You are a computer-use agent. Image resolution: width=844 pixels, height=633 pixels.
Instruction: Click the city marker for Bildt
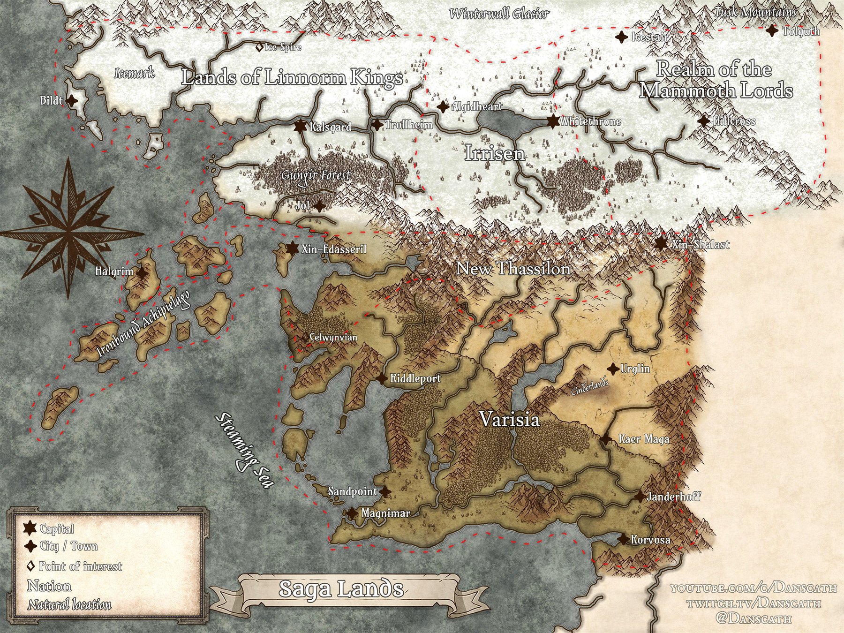pyautogui.click(x=72, y=100)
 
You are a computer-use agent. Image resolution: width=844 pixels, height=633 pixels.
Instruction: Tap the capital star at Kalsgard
pyautogui.click(x=301, y=126)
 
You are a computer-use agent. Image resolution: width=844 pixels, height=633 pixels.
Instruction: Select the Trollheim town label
pyautogui.click(x=408, y=125)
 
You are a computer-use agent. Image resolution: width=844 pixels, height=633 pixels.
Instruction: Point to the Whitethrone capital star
pyautogui.click(x=553, y=121)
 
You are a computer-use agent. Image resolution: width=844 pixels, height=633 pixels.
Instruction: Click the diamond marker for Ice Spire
pyautogui.click(x=258, y=47)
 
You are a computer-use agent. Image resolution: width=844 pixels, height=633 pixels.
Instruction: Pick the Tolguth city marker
pyautogui.click(x=772, y=31)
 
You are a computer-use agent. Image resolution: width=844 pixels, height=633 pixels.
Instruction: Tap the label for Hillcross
pyautogui.click(x=734, y=121)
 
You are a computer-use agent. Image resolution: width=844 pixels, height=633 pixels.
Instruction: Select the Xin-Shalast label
pyautogui.click(x=701, y=244)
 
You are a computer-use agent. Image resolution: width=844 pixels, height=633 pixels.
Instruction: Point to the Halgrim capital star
pyautogui.click(x=141, y=271)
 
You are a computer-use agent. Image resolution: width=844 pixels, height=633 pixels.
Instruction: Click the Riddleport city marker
pyautogui.click(x=383, y=378)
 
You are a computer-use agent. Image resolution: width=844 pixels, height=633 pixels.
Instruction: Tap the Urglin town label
pyautogui.click(x=635, y=369)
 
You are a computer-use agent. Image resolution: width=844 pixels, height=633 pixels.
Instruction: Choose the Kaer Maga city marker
pyautogui.click(x=605, y=439)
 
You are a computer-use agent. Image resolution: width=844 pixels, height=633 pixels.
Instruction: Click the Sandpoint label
pyautogui.click(x=352, y=491)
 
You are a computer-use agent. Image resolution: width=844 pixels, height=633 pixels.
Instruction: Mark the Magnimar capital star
pyautogui.click(x=352, y=513)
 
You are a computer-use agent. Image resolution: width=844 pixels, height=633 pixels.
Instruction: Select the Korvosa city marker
pyautogui.click(x=623, y=540)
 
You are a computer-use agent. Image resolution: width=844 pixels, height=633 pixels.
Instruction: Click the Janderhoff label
pyautogui.click(x=673, y=497)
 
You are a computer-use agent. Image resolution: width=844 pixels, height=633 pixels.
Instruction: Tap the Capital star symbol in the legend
pyautogui.click(x=30, y=528)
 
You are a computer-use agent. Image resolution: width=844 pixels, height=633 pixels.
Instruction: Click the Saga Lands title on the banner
pyautogui.click(x=341, y=588)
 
